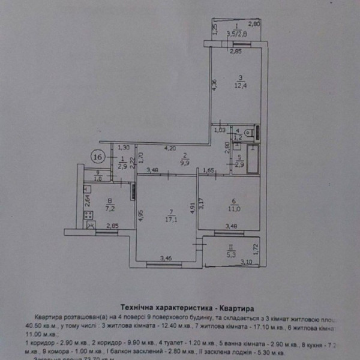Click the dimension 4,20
(x=170, y=148)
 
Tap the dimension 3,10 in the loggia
(x=246, y=262)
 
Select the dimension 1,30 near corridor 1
(x=124, y=148)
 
